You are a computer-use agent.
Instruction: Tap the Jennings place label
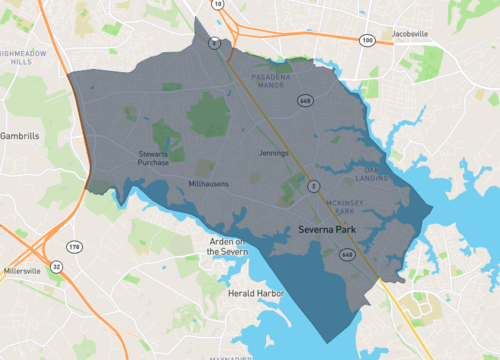274,153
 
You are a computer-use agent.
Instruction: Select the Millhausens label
209,184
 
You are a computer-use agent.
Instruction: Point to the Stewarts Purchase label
153,158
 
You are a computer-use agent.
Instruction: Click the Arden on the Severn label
227,247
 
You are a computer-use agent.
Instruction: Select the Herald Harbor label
258,293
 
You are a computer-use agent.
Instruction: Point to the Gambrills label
19,134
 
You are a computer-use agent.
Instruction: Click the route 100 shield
366,39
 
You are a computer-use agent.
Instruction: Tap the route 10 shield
217,5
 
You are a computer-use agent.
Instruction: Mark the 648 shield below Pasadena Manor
301,101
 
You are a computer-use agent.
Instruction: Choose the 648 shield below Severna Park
346,255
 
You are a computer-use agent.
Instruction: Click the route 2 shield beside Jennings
313,186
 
